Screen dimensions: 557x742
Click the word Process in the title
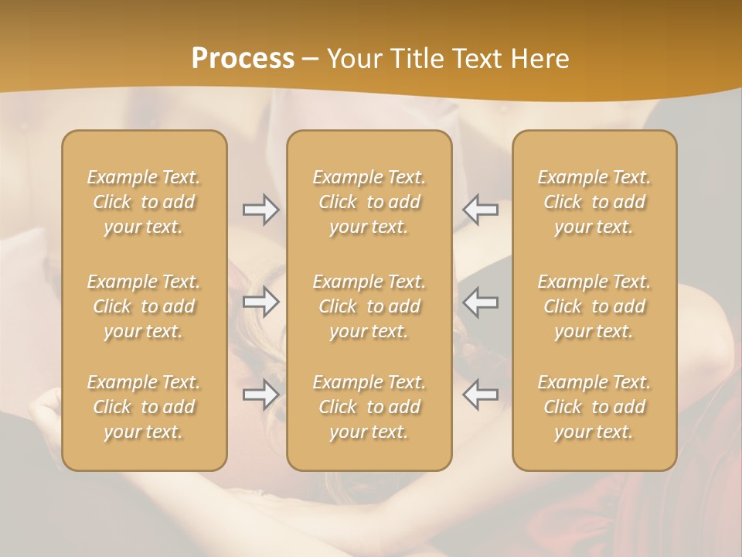click(x=243, y=59)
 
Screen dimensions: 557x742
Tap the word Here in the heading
click(x=539, y=59)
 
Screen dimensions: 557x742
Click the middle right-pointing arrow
click(x=260, y=302)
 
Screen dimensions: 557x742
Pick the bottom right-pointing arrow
click(x=260, y=395)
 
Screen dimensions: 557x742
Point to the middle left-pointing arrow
click(x=480, y=302)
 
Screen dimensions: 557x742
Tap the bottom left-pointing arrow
click(x=480, y=395)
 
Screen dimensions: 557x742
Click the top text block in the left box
click(x=144, y=202)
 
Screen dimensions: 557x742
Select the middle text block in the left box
click(x=144, y=306)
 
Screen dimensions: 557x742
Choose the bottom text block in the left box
click(x=144, y=407)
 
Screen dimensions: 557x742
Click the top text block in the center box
click(x=369, y=202)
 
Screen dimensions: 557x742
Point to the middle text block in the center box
click(x=369, y=306)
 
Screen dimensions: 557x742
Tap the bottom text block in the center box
click(x=369, y=407)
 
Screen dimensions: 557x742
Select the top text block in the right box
click(x=594, y=202)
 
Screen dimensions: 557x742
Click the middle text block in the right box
click(x=594, y=306)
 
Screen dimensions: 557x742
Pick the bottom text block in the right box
click(x=594, y=407)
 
